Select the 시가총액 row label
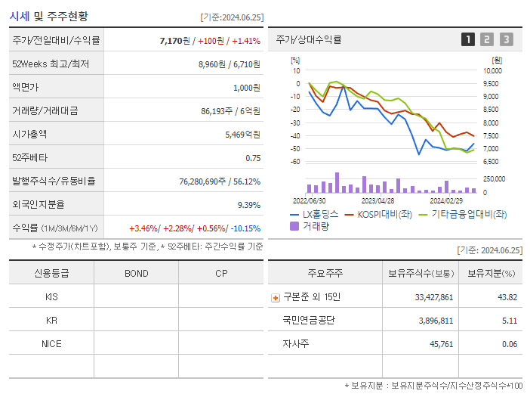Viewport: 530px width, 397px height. [x=30, y=134]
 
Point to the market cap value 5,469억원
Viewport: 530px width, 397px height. [x=242, y=134]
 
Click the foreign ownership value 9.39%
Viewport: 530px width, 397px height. [x=248, y=204]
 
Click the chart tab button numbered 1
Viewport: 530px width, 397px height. [x=468, y=39]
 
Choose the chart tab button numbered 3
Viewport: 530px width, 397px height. [x=506, y=39]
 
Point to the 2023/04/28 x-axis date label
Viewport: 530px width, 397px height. [x=377, y=201]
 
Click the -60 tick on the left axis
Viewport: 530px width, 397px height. [x=295, y=162]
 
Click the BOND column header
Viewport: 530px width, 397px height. [x=136, y=273]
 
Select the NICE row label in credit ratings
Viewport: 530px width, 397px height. [x=51, y=343]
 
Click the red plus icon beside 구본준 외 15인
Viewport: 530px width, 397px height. [x=275, y=297]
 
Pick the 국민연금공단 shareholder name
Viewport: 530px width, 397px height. [x=309, y=320]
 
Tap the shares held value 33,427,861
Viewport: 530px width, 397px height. [x=433, y=297]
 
